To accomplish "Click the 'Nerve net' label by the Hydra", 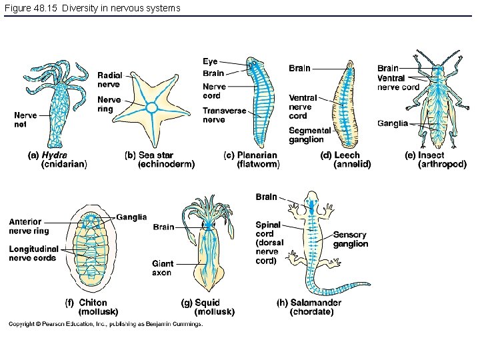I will [25, 119].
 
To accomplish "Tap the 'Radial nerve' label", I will [109, 80].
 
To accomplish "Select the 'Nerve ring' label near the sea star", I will [109, 104].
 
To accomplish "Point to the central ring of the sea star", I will [152, 107].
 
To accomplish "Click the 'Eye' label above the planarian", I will [210, 61].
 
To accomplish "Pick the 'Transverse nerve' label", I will [224, 115].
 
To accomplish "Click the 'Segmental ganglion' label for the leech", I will [309, 135].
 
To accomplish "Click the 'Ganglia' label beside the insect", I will [392, 123].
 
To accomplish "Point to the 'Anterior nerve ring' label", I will [29, 226].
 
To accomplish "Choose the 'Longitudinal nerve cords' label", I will [33, 253].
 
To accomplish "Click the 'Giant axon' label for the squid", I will [162, 268].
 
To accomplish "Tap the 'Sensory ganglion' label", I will [351, 239].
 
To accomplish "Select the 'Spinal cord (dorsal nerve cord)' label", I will [269, 243].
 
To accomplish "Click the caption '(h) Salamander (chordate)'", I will [309, 307].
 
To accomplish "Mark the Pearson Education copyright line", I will [105, 325].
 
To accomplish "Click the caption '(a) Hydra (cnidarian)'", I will [57, 159].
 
